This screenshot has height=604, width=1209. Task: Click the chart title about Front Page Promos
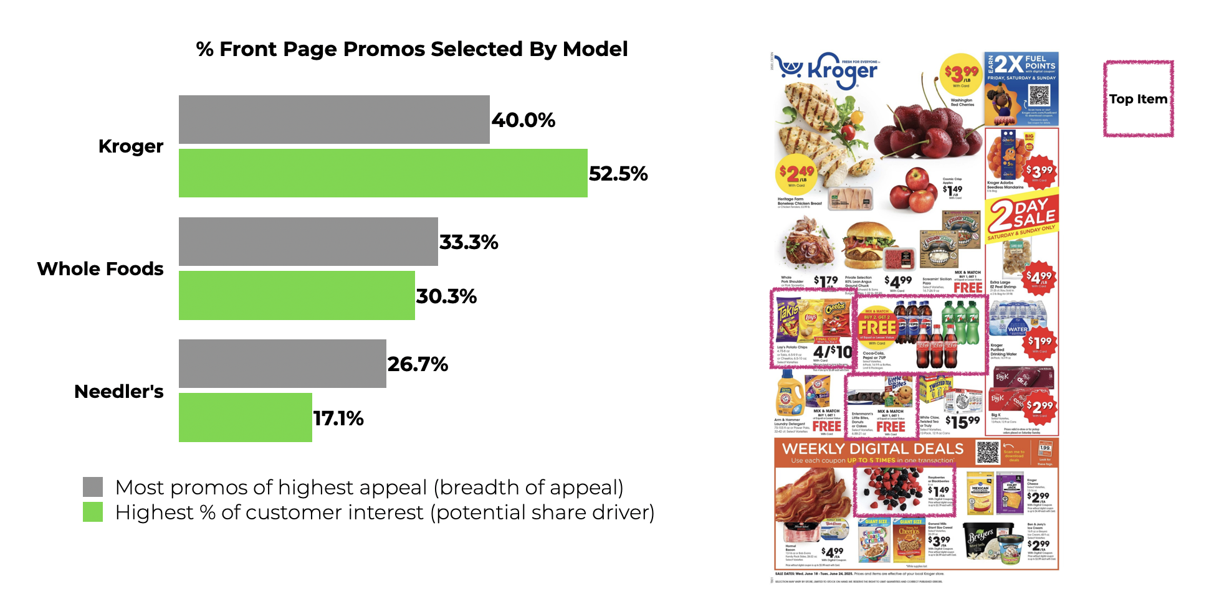[411, 49]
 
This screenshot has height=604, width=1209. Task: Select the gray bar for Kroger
[334, 120]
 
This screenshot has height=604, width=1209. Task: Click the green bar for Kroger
[383, 173]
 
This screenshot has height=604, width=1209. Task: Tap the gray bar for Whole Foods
[308, 242]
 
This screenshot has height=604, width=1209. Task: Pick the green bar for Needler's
[245, 417]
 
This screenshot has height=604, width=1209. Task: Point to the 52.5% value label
[618, 174]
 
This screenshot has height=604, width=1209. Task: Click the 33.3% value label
[469, 242]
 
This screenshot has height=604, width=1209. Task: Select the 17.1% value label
[338, 418]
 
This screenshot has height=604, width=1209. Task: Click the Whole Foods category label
[100, 269]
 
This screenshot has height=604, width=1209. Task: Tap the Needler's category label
[119, 392]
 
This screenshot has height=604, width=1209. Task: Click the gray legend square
[93, 487]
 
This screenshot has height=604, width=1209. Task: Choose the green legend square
[93, 512]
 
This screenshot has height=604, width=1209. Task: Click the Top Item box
[1138, 99]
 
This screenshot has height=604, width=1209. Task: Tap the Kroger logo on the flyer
[829, 70]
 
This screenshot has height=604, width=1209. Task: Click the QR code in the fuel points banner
[1039, 95]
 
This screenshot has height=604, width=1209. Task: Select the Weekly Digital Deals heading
[872, 450]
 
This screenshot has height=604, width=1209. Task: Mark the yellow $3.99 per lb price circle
[961, 75]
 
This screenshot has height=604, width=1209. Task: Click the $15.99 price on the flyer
[963, 422]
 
